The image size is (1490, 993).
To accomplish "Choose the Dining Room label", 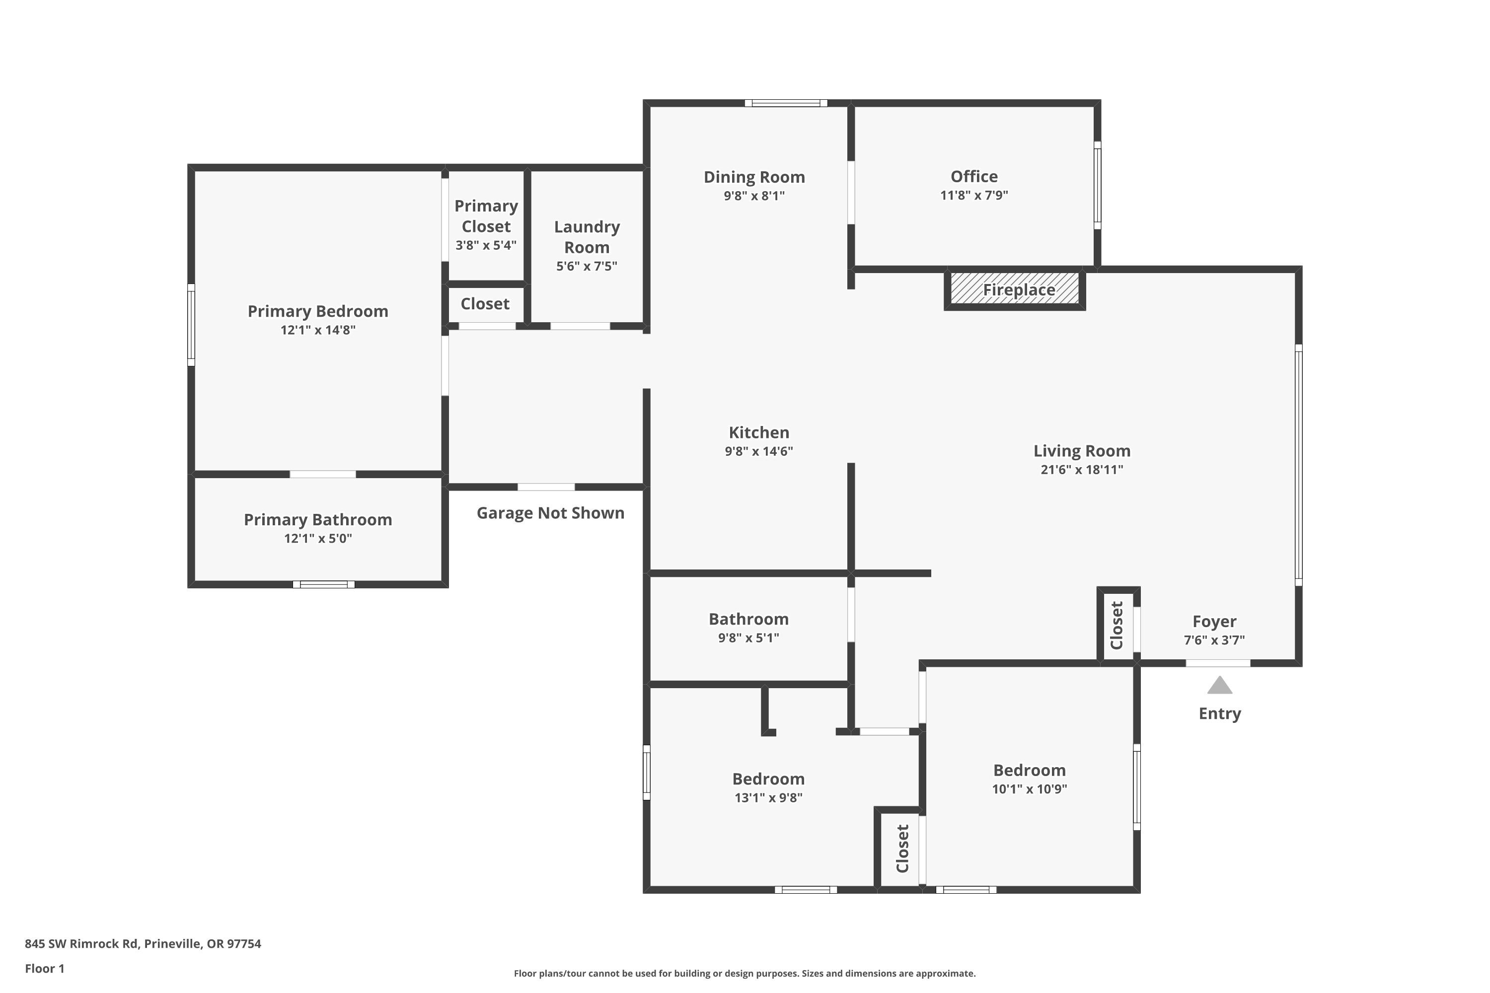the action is click(x=754, y=177).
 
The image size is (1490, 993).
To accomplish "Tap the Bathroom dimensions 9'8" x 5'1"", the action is click(x=749, y=638).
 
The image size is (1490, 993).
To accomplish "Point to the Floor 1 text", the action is click(x=45, y=968).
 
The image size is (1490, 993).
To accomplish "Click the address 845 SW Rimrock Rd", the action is click(x=81, y=944).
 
